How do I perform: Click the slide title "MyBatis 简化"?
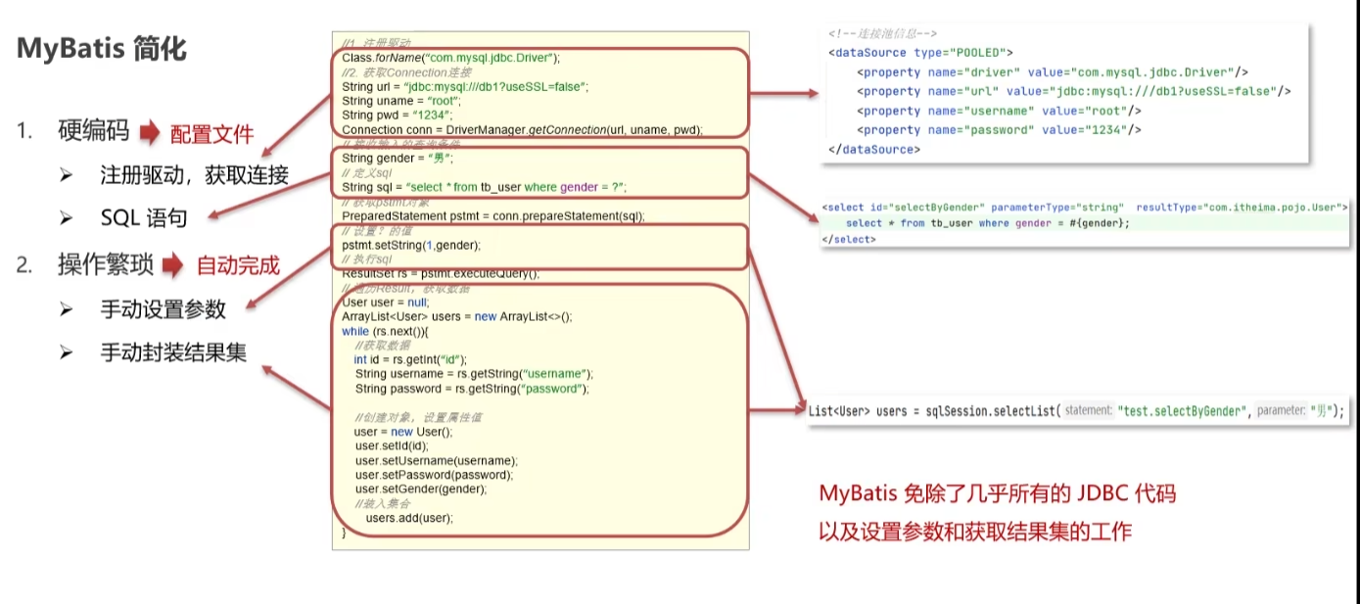[101, 49]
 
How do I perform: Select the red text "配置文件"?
[211, 134]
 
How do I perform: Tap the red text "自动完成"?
[238, 265]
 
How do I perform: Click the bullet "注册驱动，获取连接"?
[194, 175]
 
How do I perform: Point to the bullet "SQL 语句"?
[143, 217]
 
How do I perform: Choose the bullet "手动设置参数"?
[163, 309]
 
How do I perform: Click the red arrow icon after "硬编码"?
[148, 132]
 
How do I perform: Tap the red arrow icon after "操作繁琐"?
[173, 264]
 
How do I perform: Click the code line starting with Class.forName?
[450, 58]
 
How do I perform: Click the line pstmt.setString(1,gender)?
[411, 245]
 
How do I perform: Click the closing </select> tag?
[848, 240]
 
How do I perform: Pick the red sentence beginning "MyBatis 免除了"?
[997, 494]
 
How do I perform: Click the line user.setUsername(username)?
[436, 460]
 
